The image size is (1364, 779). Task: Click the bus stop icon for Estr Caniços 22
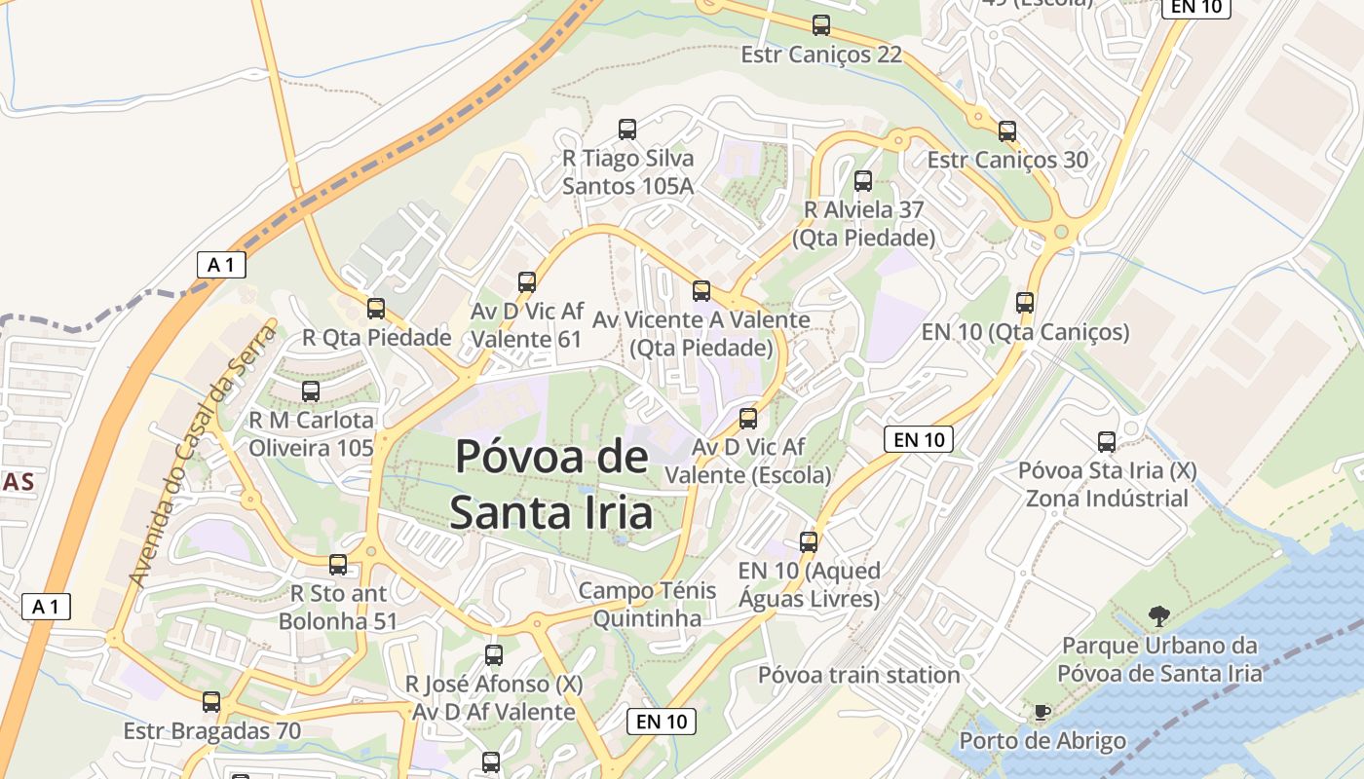(x=821, y=25)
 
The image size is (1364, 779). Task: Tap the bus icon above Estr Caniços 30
(x=1007, y=130)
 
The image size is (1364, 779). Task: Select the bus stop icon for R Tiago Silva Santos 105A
(x=627, y=129)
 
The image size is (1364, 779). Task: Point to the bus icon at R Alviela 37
(x=863, y=180)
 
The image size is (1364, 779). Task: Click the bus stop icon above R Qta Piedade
(x=376, y=309)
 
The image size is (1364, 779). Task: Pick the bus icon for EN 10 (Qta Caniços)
(x=1025, y=302)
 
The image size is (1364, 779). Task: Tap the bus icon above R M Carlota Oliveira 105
(x=311, y=391)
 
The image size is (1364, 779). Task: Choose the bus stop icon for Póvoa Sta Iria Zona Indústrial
(x=1107, y=442)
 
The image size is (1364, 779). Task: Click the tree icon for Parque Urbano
(x=1158, y=615)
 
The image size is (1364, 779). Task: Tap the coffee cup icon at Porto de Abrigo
(x=1042, y=712)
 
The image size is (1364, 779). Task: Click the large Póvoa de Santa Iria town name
(x=551, y=484)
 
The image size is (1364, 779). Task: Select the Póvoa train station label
(x=859, y=675)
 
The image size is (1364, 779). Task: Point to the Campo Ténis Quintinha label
(x=647, y=604)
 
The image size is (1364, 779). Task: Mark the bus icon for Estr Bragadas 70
(x=211, y=701)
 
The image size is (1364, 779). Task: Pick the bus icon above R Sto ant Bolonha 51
(x=338, y=564)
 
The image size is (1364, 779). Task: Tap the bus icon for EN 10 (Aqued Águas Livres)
(x=809, y=541)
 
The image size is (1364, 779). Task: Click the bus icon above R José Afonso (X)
(x=494, y=654)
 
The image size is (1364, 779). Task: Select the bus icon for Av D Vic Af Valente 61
(x=527, y=282)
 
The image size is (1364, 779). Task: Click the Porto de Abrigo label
(x=1042, y=741)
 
